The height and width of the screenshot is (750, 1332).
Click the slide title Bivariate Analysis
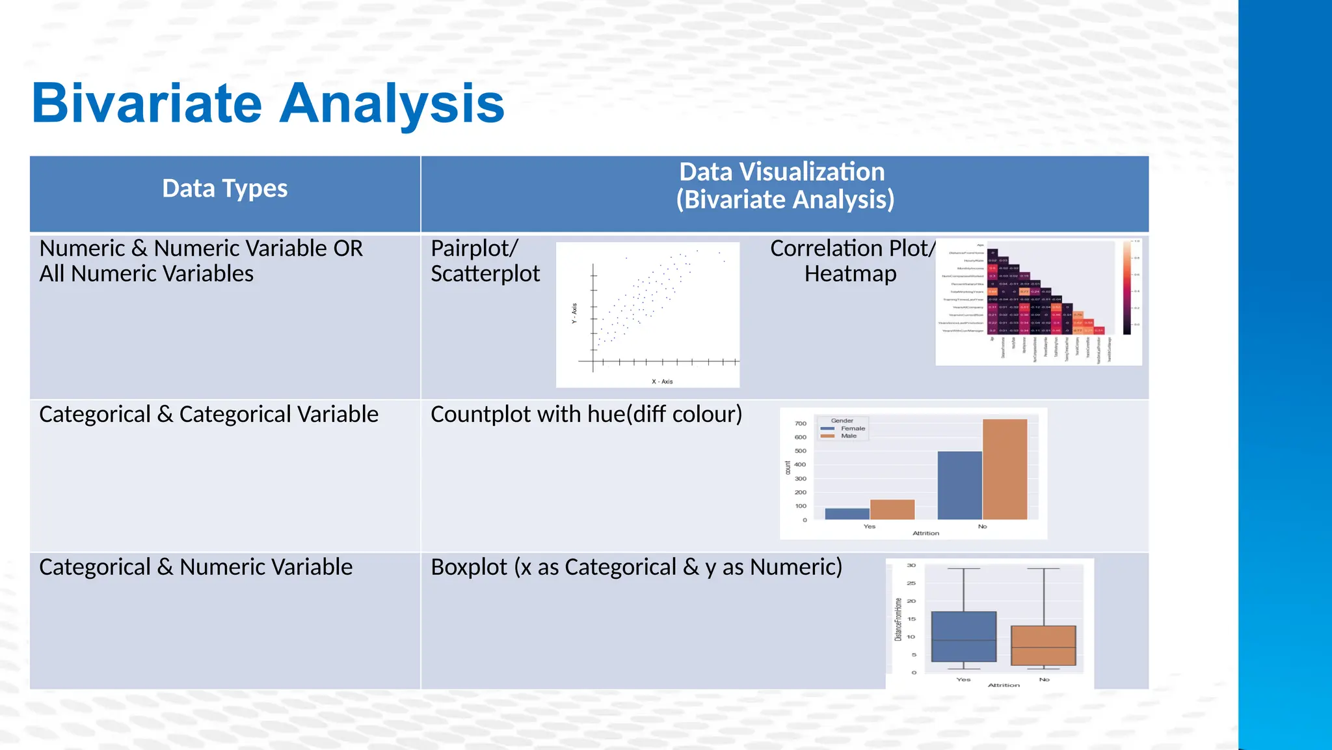[268, 103]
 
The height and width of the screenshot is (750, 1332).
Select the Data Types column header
[224, 189]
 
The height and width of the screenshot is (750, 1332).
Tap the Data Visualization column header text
[784, 186]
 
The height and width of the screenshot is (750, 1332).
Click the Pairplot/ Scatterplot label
[485, 260]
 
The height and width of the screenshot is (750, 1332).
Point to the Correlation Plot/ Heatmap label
[851, 260]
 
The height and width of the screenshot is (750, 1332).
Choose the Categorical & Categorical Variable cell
[208, 414]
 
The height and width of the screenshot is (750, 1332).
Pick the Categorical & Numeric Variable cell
[195, 567]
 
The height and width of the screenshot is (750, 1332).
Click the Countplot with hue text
[585, 414]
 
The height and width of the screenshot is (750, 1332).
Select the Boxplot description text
[636, 567]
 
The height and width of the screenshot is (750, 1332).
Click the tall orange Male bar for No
[1005, 469]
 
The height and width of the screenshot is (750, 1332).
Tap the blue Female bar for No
[959, 485]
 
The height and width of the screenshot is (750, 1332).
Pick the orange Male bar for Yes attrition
[892, 509]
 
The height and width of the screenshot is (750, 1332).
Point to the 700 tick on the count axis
[801, 423]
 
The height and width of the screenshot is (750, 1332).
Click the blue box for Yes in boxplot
[963, 636]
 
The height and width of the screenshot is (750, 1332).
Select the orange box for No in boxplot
[1043, 645]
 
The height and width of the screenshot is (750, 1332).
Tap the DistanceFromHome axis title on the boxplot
[898, 619]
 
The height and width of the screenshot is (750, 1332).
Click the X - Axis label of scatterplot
[662, 382]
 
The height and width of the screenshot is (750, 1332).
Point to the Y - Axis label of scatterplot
[574, 313]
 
